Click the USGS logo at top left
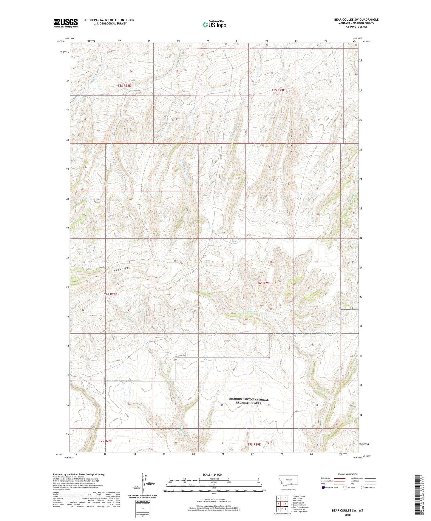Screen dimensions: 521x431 click(66, 23)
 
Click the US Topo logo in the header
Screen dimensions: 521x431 click(214, 24)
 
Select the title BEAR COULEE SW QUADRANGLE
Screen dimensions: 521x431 click(356, 20)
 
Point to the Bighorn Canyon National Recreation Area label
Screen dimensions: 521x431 click(249, 401)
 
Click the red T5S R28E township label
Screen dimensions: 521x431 click(124, 86)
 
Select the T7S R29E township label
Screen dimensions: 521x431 click(254, 444)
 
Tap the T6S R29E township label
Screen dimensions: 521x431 click(264, 283)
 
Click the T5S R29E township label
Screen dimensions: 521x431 click(280, 90)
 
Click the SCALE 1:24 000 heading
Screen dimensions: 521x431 click(212, 474)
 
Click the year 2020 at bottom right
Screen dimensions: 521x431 click(347, 515)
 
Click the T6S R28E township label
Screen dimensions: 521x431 click(110, 294)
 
